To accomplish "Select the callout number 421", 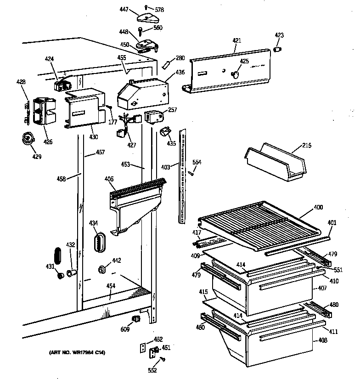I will point(236,41).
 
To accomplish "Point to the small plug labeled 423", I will point(278,49).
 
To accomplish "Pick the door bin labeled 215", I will point(275,161).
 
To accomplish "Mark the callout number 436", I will point(180,72).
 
